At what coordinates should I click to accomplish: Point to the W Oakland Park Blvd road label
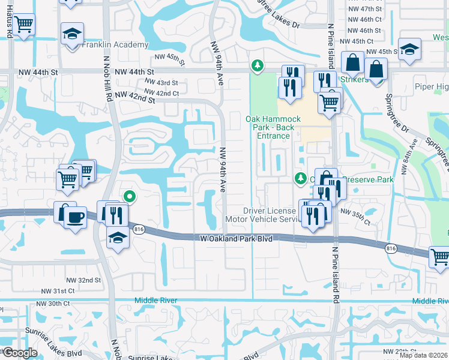pos(236,239)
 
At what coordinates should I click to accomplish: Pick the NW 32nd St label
pos(83,280)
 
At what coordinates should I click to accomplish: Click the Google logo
pos(20,353)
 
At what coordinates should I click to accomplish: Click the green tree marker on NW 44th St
pos(258,65)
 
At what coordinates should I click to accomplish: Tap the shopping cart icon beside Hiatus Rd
pos(24,25)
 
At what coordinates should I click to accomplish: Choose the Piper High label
pos(432,86)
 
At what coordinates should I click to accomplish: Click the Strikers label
pos(354,80)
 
